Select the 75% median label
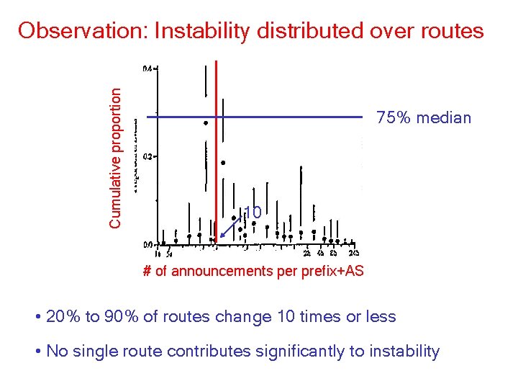424,117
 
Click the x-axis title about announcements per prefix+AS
253,271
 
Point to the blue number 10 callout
252,213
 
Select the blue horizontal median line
288,116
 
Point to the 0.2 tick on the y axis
149,156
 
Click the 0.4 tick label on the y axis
149,68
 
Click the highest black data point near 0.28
206,123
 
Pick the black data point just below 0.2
223,163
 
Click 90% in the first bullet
118,317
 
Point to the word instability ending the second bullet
406,352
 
